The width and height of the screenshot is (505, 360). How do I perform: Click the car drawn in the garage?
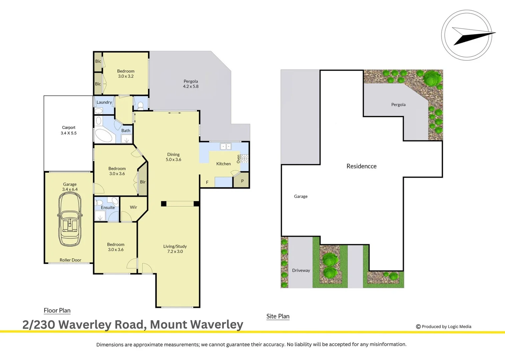[70, 220]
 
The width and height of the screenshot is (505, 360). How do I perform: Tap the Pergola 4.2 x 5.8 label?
[190, 84]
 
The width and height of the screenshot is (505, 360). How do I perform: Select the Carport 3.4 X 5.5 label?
[69, 130]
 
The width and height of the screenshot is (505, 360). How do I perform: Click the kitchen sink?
[225, 146]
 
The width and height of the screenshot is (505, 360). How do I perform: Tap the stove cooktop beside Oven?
[244, 159]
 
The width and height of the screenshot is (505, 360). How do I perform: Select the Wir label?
[133, 207]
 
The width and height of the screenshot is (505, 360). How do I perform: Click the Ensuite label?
[108, 208]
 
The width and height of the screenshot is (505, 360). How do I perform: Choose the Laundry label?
[104, 102]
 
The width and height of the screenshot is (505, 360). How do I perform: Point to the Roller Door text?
[70, 260]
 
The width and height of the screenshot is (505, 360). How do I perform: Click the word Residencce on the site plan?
[361, 166]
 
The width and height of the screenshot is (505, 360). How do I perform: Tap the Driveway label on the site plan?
[301, 270]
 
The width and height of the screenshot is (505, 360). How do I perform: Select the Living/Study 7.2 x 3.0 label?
[175, 249]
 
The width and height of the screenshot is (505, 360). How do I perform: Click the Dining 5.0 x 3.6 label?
[173, 157]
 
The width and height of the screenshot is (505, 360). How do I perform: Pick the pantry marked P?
[242, 181]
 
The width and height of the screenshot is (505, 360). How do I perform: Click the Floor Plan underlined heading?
[57, 310]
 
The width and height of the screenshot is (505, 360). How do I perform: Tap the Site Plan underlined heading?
[278, 316]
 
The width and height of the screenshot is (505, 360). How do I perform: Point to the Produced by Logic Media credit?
[444, 327]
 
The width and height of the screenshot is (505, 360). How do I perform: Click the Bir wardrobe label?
[143, 182]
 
